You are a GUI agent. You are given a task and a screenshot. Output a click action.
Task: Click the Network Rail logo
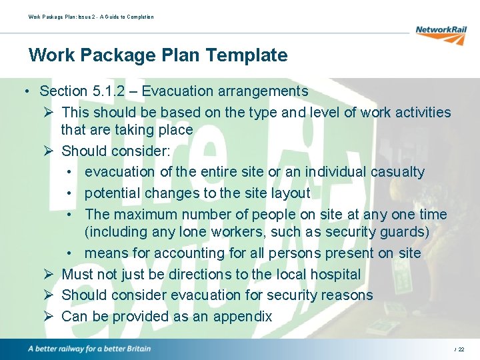[441, 33]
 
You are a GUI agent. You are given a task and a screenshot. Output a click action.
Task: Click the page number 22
[461, 349]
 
